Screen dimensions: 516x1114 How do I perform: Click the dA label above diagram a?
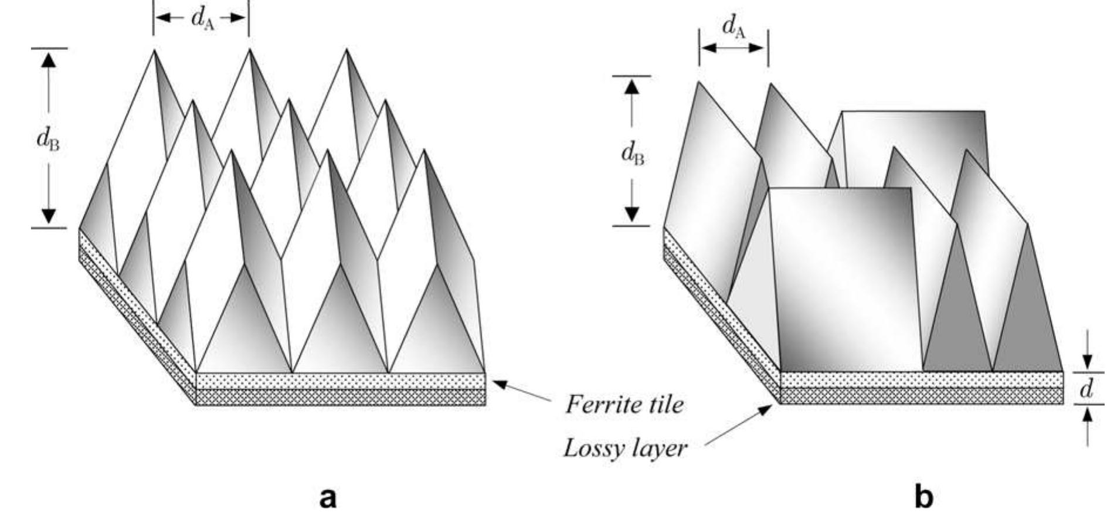pyautogui.click(x=202, y=19)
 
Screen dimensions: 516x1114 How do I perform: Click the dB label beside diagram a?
pyautogui.click(x=48, y=140)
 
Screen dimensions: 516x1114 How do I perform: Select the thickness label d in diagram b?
pyautogui.click(x=1086, y=389)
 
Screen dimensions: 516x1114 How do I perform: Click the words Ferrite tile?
pyautogui.click(x=624, y=405)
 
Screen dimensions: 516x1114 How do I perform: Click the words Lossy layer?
pyautogui.click(x=625, y=449)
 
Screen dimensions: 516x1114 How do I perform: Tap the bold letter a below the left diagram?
pyautogui.click(x=328, y=497)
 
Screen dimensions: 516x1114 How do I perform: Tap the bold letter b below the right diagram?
pyautogui.click(x=923, y=497)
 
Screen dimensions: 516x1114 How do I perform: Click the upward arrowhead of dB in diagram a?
pyautogui.click(x=49, y=59)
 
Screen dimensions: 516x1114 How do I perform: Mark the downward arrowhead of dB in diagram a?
pyautogui.click(x=49, y=217)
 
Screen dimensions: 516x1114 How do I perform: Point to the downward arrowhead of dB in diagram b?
pyautogui.click(x=631, y=214)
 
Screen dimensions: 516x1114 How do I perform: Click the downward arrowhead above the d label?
pyautogui.click(x=1088, y=363)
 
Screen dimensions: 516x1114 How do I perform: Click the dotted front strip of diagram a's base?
pyautogui.click(x=340, y=381)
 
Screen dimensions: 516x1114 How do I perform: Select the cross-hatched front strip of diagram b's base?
pyautogui.click(x=921, y=396)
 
